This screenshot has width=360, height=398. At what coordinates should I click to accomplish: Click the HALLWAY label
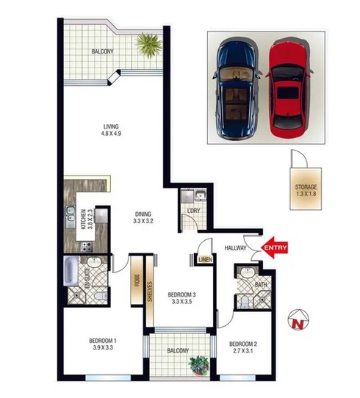click(x=236, y=248)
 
